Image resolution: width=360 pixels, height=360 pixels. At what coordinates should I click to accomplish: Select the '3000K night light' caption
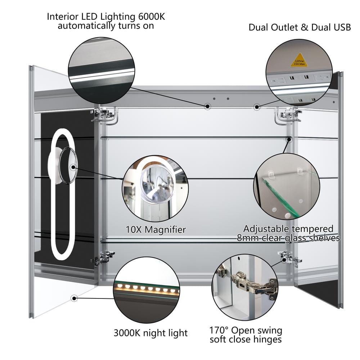point(150,332)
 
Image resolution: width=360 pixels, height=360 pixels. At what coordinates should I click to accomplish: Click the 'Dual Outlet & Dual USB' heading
point(300,27)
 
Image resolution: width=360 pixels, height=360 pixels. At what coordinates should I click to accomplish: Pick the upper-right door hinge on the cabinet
point(287,114)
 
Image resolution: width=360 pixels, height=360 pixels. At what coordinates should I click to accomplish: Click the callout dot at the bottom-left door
point(75,298)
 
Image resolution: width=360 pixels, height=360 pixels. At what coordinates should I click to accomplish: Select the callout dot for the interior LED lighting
point(207,106)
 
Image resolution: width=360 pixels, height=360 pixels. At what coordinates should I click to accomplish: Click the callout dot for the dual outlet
point(257,106)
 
